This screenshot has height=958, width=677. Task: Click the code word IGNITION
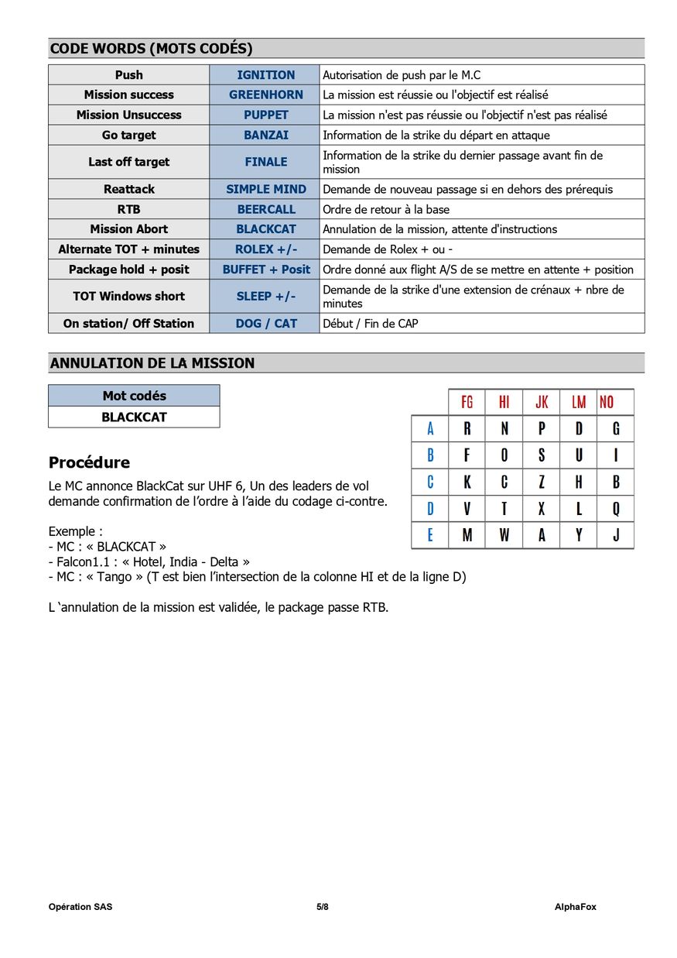coord(265,75)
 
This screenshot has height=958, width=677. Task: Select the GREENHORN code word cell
coord(265,94)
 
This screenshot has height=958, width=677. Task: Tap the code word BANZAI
coord(265,135)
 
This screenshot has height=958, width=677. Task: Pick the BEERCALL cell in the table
coord(265,209)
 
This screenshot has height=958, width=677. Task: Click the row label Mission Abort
coord(128,229)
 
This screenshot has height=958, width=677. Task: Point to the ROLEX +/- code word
coord(265,249)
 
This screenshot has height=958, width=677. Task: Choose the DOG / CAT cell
coord(265,324)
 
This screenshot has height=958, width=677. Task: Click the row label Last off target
coord(128,162)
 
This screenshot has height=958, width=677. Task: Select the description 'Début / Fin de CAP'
coord(370,324)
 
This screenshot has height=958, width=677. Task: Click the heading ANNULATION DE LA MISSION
coord(152,363)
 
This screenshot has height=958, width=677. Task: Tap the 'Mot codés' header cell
coord(134,396)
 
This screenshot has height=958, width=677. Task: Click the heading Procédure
coord(89,463)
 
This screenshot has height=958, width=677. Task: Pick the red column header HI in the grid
coord(504,402)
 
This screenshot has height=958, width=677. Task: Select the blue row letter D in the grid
coord(430,509)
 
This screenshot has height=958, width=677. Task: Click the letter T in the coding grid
coord(504,509)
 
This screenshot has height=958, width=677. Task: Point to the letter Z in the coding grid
coord(542,482)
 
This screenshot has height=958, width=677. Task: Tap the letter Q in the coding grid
coord(616,509)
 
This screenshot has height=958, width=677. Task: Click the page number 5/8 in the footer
coord(322,907)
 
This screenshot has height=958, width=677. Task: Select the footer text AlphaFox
coord(575,907)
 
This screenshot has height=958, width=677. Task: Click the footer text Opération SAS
coord(80,907)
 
